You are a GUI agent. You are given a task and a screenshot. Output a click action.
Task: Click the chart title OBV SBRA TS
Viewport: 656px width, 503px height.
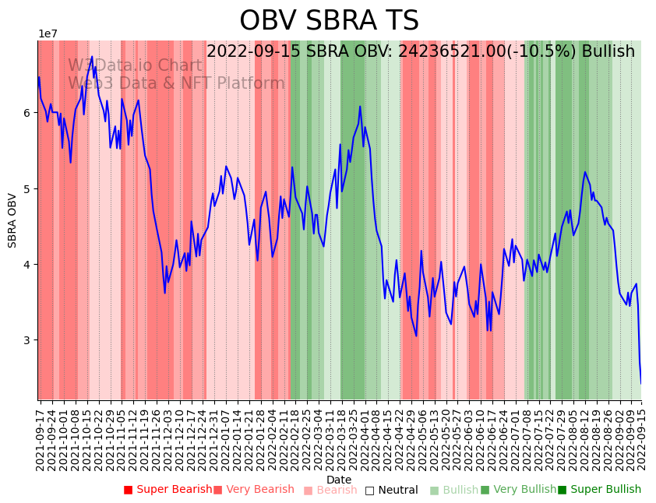(x=329, y=21)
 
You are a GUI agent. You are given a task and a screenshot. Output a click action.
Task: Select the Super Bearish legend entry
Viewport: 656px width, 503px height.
(x=168, y=490)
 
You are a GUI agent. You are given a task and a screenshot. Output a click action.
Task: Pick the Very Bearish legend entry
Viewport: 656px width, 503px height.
(x=253, y=490)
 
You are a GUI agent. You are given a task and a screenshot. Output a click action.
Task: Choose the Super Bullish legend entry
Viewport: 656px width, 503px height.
(x=599, y=490)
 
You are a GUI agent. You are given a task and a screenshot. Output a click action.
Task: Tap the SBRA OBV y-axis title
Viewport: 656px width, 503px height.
(x=12, y=220)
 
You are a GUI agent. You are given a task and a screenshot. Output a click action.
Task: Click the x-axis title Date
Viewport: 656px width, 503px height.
(x=339, y=480)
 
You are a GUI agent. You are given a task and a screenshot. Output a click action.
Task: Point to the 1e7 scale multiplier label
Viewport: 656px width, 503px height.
(x=48, y=33)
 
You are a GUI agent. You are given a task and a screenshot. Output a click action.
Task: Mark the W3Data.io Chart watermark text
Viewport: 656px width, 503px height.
(x=135, y=66)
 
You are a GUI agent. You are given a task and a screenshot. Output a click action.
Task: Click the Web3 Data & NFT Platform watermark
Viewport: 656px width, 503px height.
(x=176, y=83)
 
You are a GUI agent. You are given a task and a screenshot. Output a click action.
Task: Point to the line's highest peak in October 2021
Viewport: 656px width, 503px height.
(x=92, y=56)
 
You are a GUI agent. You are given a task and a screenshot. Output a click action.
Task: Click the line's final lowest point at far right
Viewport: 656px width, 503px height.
(x=641, y=383)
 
